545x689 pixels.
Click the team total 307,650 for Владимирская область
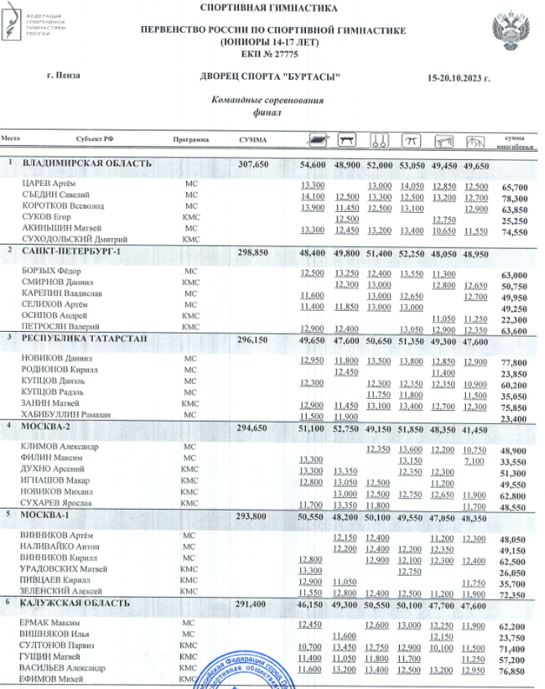coord(254,165)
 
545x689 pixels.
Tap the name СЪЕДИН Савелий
coord(55,195)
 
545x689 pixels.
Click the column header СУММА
coord(252,139)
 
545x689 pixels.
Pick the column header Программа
coord(191,139)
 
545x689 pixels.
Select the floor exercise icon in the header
coord(316,139)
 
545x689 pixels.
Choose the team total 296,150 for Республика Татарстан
coord(254,338)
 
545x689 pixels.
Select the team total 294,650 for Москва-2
coord(254,429)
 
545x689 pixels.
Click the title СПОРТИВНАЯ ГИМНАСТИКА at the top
coord(273,9)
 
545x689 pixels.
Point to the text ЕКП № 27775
coord(273,54)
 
